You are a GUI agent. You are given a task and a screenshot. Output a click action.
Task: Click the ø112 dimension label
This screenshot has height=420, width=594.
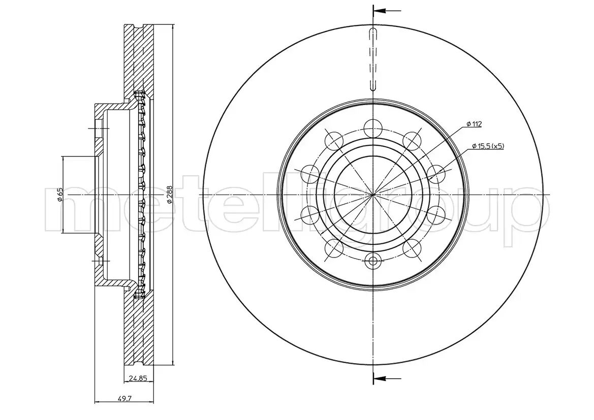(x=473, y=124)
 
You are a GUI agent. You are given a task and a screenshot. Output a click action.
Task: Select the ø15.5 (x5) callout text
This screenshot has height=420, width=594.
(x=488, y=146)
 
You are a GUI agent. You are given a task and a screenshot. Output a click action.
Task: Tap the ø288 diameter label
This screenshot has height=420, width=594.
(x=170, y=194)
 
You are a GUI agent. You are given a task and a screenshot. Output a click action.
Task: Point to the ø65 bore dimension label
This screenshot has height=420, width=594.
(x=59, y=194)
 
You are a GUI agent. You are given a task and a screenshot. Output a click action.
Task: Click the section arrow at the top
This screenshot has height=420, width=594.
(x=387, y=11)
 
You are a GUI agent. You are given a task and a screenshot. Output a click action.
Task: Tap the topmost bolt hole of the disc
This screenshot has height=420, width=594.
(x=373, y=127)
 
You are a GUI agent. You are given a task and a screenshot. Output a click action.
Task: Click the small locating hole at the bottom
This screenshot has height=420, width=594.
(x=373, y=261)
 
